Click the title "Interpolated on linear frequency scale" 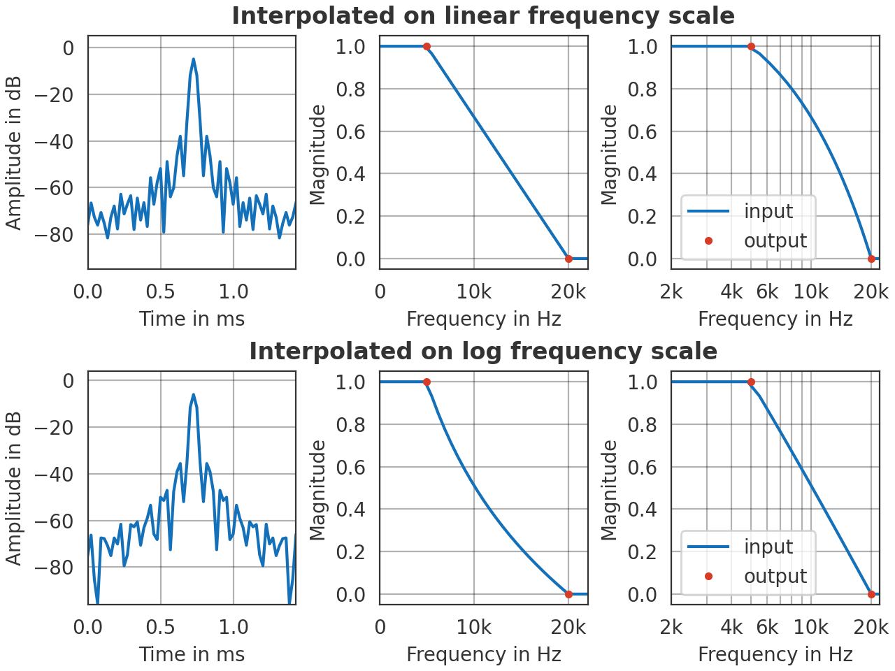tap(483, 15)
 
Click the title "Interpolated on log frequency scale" tap(483, 351)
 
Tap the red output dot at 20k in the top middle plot tap(568, 259)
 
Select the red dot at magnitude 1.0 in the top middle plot tap(427, 47)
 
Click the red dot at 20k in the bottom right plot tap(871, 594)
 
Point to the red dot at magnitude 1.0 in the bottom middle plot tap(427, 382)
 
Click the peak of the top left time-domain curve tap(193, 59)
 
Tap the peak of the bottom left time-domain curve tap(194, 395)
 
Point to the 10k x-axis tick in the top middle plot tap(473, 291)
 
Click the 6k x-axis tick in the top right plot tap(767, 291)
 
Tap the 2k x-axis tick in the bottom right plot tap(671, 627)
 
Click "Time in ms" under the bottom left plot tap(192, 654)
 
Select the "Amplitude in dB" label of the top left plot tap(14, 152)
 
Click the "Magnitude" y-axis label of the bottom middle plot tap(318, 489)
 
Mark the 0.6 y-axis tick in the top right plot tap(642, 131)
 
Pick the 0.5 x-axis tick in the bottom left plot tap(160, 627)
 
